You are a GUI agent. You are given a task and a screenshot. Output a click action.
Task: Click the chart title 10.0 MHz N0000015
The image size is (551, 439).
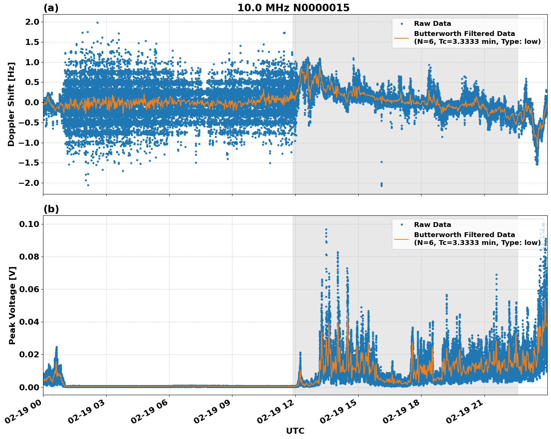click(x=293, y=8)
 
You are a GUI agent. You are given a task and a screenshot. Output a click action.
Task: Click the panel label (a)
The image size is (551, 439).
click(x=51, y=8)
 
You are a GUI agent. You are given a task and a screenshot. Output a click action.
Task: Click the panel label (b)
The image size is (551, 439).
click(x=51, y=209)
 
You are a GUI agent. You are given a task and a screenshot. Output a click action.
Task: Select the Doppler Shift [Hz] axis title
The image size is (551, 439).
click(x=11, y=104)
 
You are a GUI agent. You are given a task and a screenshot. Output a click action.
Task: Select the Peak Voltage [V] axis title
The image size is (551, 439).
click(x=12, y=305)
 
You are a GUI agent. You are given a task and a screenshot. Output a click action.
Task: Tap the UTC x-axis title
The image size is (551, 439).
click(x=295, y=431)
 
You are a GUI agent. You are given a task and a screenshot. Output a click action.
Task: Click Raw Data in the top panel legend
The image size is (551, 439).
click(x=432, y=24)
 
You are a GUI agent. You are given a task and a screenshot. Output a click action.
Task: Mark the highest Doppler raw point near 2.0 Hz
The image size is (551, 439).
click(x=97, y=22)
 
